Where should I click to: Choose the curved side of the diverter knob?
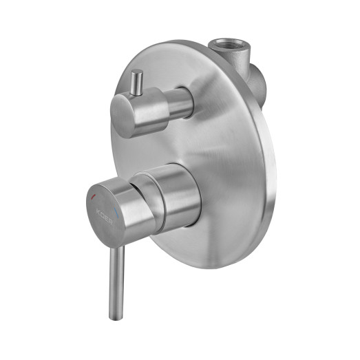[x=155, y=110]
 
